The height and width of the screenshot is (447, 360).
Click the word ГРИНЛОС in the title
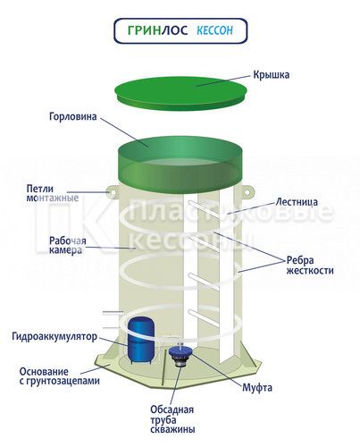(x=158, y=30)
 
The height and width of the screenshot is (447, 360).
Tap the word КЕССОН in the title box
(x=214, y=30)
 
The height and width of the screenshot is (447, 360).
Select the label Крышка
(x=271, y=74)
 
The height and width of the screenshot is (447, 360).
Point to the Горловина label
(x=73, y=116)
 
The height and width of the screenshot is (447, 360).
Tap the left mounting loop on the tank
(x=113, y=191)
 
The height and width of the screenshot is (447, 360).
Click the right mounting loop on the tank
(x=247, y=191)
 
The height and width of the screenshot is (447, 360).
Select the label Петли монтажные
(x=53, y=193)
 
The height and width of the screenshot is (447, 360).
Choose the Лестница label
(x=297, y=202)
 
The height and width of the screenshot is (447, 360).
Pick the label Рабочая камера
(x=67, y=245)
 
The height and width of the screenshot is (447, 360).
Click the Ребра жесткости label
(x=310, y=266)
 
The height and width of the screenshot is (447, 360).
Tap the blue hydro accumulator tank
(x=141, y=341)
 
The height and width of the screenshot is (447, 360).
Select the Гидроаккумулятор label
(x=54, y=336)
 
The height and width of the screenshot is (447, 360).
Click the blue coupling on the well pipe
(x=180, y=351)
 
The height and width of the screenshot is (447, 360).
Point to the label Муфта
(x=257, y=388)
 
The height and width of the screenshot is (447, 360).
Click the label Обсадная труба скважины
(x=172, y=419)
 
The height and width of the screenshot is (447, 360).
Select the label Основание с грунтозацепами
(x=59, y=376)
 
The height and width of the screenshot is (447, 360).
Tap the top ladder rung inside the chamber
(x=205, y=207)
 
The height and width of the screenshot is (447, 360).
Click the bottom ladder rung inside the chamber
(x=205, y=316)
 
